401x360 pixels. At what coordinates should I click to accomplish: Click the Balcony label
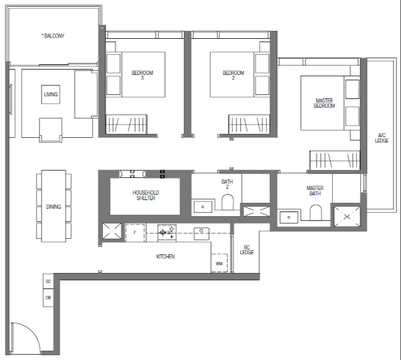[53, 36]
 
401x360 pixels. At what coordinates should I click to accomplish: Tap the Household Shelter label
[146, 195]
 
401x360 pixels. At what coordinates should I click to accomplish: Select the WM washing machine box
[219, 263]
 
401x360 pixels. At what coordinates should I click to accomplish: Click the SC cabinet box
[48, 282]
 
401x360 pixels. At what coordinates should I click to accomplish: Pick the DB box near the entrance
[48, 298]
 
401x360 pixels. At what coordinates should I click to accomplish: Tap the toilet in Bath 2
[227, 202]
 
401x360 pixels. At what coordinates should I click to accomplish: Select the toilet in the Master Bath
[315, 212]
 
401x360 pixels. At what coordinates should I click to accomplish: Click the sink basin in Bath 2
[203, 207]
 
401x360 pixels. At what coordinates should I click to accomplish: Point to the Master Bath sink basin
[289, 217]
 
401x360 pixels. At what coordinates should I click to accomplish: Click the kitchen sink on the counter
[202, 234]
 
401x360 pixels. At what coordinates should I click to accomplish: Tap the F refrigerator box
[135, 232]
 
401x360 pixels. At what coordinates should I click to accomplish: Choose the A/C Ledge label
[382, 138]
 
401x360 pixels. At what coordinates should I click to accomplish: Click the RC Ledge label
[247, 250]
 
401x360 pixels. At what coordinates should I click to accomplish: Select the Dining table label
[53, 207]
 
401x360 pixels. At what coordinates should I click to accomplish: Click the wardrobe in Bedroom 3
[126, 124]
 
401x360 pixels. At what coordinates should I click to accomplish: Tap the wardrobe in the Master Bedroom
[335, 161]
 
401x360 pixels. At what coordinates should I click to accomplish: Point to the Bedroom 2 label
[233, 75]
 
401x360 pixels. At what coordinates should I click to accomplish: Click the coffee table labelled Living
[51, 94]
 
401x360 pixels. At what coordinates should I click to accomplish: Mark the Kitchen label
[166, 256]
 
